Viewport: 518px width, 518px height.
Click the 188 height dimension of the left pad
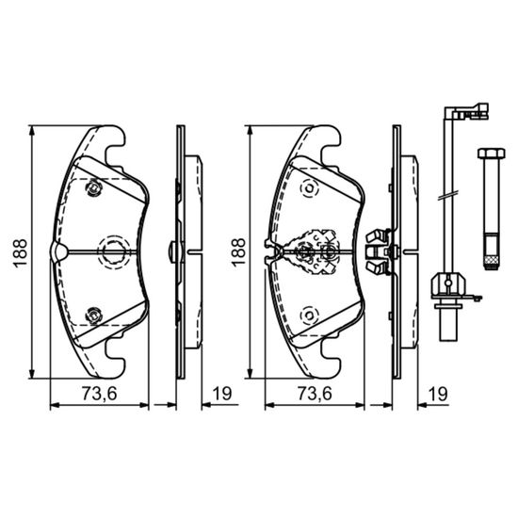tap(20, 252)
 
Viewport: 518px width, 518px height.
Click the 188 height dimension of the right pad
tap(238, 252)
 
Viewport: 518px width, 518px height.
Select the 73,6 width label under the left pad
tap(100, 394)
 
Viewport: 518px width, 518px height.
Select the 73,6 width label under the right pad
tap(315, 394)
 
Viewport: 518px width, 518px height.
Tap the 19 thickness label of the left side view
tap(222, 394)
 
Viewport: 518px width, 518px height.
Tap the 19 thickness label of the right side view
tap(438, 394)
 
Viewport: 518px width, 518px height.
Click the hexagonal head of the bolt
tap(492, 154)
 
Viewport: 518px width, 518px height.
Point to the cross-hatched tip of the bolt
tap(492, 262)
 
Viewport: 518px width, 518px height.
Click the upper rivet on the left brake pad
tap(94, 188)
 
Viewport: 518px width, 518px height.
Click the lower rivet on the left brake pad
tap(94, 315)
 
